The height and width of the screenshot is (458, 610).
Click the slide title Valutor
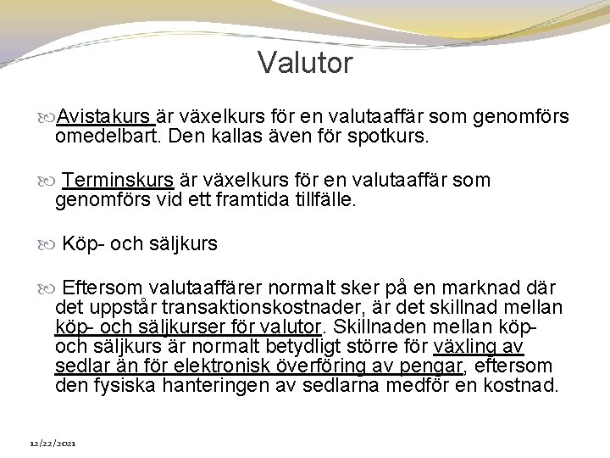pos(305,64)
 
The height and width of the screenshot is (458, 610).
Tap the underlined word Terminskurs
pos(118,181)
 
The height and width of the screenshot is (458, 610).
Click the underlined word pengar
pos(435,366)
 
